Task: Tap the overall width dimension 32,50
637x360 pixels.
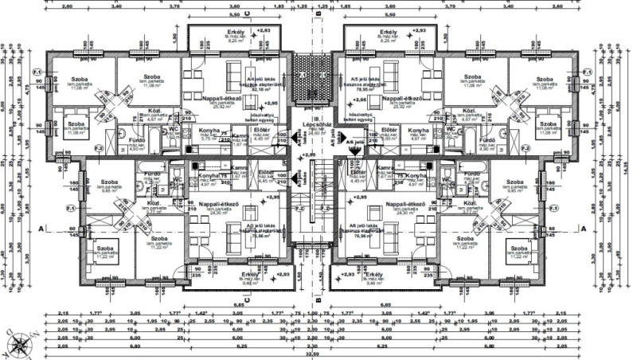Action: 318,354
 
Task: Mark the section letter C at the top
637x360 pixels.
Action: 248,14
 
